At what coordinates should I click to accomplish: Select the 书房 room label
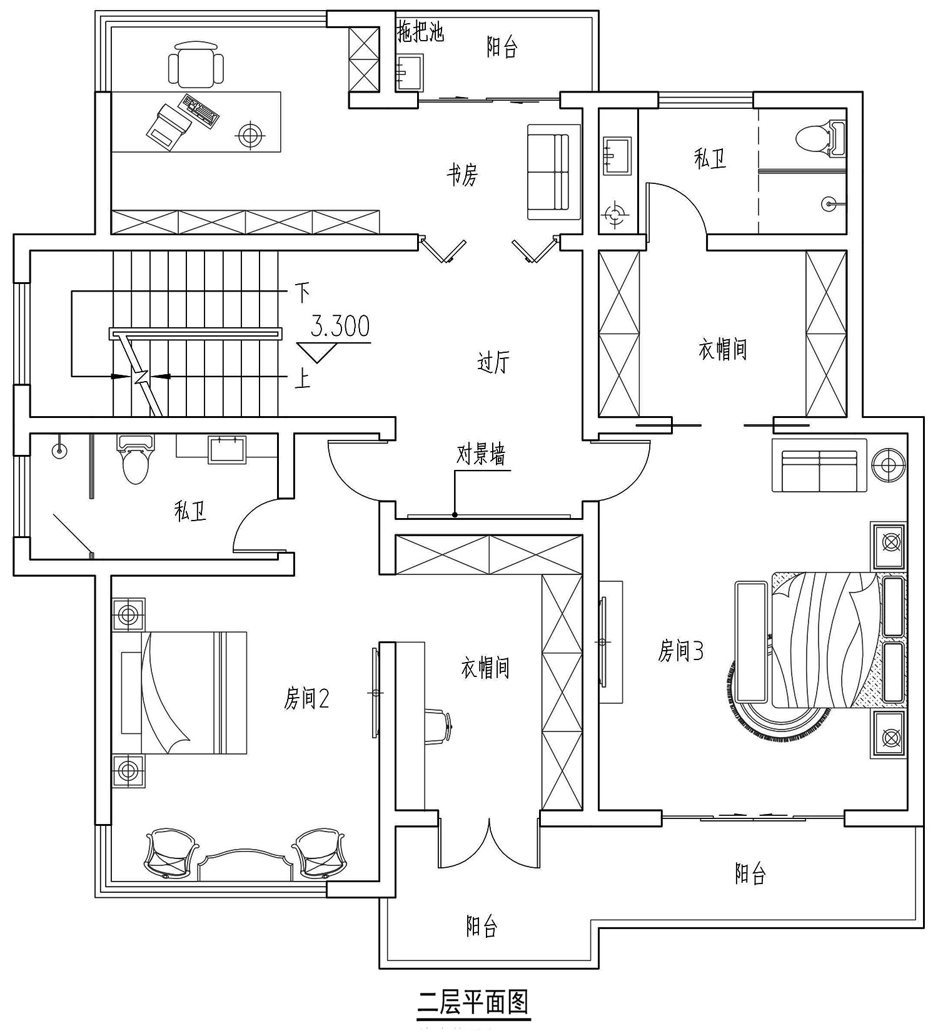462,175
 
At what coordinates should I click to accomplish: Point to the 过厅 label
493,362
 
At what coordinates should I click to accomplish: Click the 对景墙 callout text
480,455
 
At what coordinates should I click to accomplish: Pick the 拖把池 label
420,32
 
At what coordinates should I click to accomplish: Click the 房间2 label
306,698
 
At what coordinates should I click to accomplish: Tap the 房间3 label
681,651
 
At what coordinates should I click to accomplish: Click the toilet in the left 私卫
135,460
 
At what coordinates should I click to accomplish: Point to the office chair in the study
196,64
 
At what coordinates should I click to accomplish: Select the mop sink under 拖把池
410,73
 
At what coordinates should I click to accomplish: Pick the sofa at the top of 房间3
819,466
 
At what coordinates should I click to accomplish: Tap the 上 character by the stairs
303,378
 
